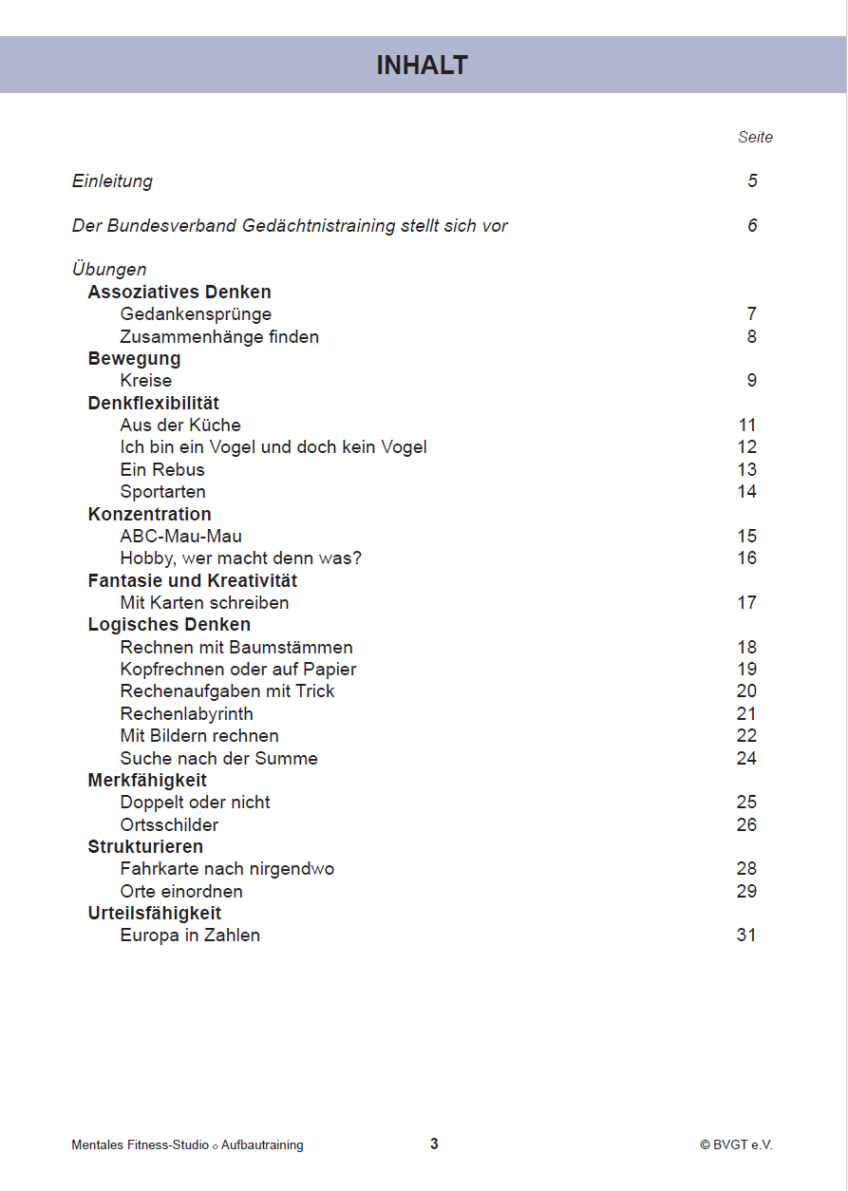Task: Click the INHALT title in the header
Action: tap(423, 66)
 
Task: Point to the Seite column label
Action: tap(755, 138)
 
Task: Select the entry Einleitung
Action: tap(112, 181)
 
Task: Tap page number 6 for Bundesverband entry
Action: tap(752, 226)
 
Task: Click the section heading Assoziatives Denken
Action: tap(179, 293)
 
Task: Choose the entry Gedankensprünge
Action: tap(196, 314)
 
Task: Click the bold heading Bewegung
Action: tap(134, 359)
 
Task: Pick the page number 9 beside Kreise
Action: tap(752, 381)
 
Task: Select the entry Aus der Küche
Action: tap(180, 425)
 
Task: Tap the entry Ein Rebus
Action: tap(162, 470)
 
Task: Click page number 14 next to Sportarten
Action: tap(746, 492)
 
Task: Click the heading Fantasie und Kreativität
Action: tap(193, 581)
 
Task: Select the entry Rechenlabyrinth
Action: tap(186, 714)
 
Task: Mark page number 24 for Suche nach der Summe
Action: tap(746, 759)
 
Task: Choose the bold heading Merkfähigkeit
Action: tap(147, 781)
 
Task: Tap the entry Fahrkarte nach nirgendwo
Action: tap(227, 869)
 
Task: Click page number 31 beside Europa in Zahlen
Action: tap(746, 936)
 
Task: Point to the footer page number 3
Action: tap(434, 1144)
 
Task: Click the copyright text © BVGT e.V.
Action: tap(736, 1145)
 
